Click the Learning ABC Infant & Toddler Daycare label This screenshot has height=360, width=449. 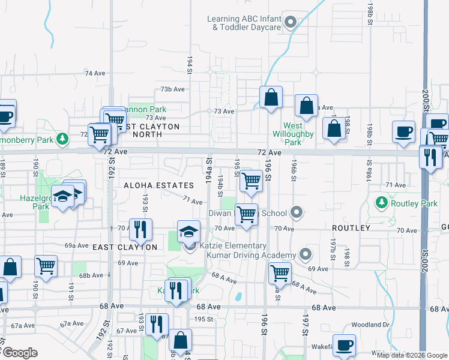(x=244, y=23)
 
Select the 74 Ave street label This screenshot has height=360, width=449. (x=95, y=73)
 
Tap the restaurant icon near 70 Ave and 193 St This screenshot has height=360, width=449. (x=140, y=228)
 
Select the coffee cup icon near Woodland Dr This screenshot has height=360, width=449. (x=345, y=345)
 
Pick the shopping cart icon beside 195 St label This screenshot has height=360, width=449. (x=251, y=180)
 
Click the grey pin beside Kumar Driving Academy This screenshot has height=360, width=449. (x=306, y=254)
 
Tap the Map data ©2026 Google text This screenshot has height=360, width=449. (x=412, y=355)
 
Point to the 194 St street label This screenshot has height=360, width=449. (x=190, y=63)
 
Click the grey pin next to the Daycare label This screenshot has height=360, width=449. (x=291, y=23)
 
